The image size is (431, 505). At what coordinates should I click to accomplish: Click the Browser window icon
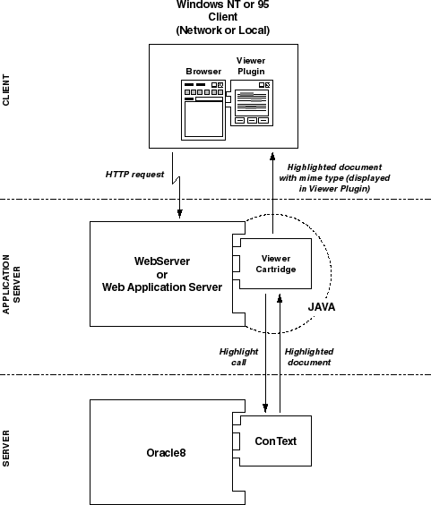203,110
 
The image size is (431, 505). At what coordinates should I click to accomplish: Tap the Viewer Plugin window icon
252,103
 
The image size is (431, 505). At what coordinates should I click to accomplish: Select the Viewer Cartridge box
275,264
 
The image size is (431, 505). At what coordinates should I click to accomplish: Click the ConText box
275,441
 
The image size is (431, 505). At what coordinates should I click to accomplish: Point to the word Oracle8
166,453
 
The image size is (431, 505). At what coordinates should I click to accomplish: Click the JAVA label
322,307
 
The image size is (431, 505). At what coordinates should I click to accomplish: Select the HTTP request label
134,175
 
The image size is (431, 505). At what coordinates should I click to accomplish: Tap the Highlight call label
238,357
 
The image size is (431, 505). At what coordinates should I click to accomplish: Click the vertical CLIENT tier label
6,90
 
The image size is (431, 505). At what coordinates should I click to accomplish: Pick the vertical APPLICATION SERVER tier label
12,285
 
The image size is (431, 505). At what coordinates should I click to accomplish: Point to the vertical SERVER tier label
6,449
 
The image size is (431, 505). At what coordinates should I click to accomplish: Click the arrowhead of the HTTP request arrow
179,214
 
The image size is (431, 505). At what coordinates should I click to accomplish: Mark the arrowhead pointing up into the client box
272,156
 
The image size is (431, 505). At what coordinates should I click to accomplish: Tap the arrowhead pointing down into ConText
265,408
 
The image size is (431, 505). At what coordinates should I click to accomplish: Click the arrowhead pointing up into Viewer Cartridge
280,298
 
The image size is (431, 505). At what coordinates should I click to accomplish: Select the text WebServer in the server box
162,261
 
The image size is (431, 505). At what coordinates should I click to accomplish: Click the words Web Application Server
162,287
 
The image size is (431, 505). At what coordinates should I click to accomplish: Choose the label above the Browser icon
203,71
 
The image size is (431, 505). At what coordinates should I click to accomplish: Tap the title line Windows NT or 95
223,4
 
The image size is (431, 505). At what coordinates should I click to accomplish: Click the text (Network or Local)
223,30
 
